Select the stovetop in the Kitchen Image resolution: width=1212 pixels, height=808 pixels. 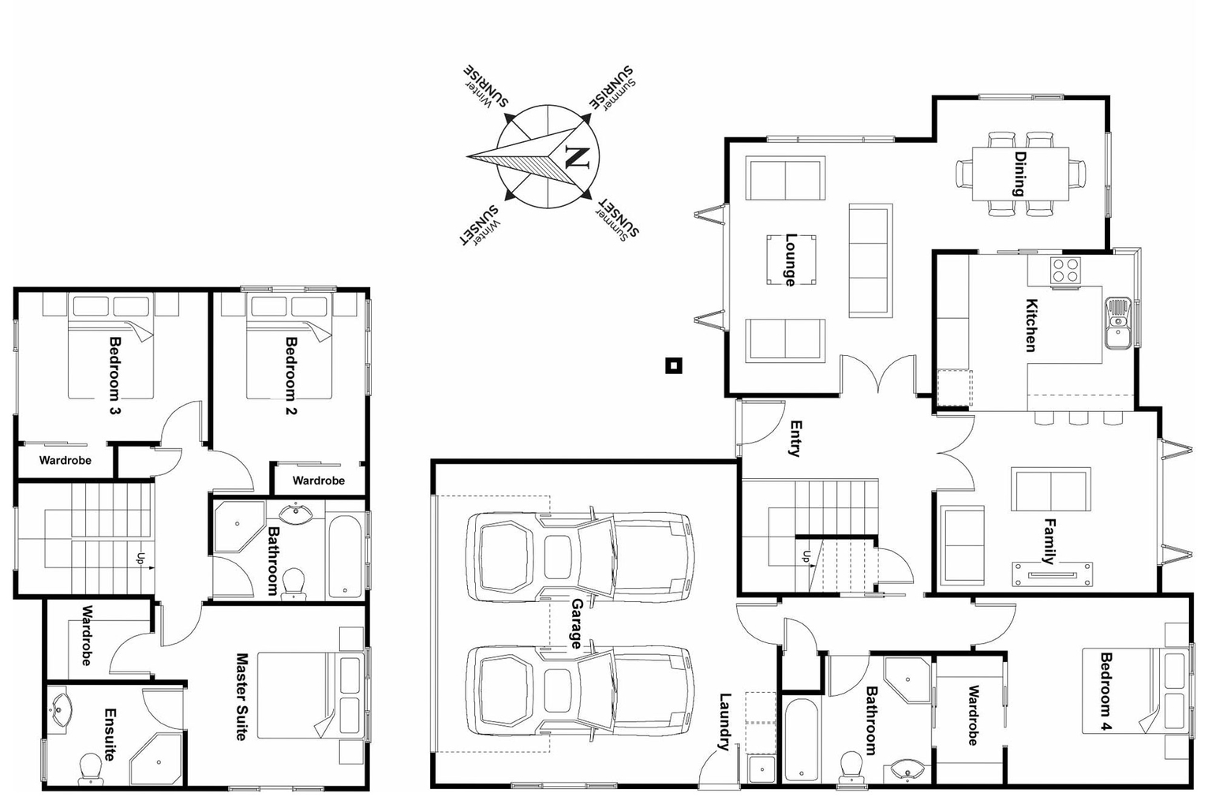[x=1065, y=271]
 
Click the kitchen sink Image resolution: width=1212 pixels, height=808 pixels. [x=1117, y=322]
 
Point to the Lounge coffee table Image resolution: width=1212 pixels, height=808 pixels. [x=790, y=260]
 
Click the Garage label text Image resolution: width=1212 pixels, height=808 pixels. [x=577, y=623]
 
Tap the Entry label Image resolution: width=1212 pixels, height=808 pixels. [x=795, y=438]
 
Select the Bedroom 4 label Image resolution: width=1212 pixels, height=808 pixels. [x=1105, y=691]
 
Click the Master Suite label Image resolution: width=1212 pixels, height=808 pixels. [x=242, y=696]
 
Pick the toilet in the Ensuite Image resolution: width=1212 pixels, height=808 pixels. [x=90, y=768]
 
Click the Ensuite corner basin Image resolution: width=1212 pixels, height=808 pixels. [x=60, y=707]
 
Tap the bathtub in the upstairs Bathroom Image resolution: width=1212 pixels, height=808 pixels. [x=344, y=556]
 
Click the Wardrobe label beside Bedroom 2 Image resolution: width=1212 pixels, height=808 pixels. [x=318, y=481]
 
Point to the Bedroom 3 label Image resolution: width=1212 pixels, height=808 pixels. [x=114, y=376]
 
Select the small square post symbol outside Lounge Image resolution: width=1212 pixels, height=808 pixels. [x=673, y=365]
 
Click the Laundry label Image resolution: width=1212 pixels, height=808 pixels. [x=725, y=721]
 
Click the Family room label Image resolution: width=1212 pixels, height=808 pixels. [x=1049, y=541]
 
